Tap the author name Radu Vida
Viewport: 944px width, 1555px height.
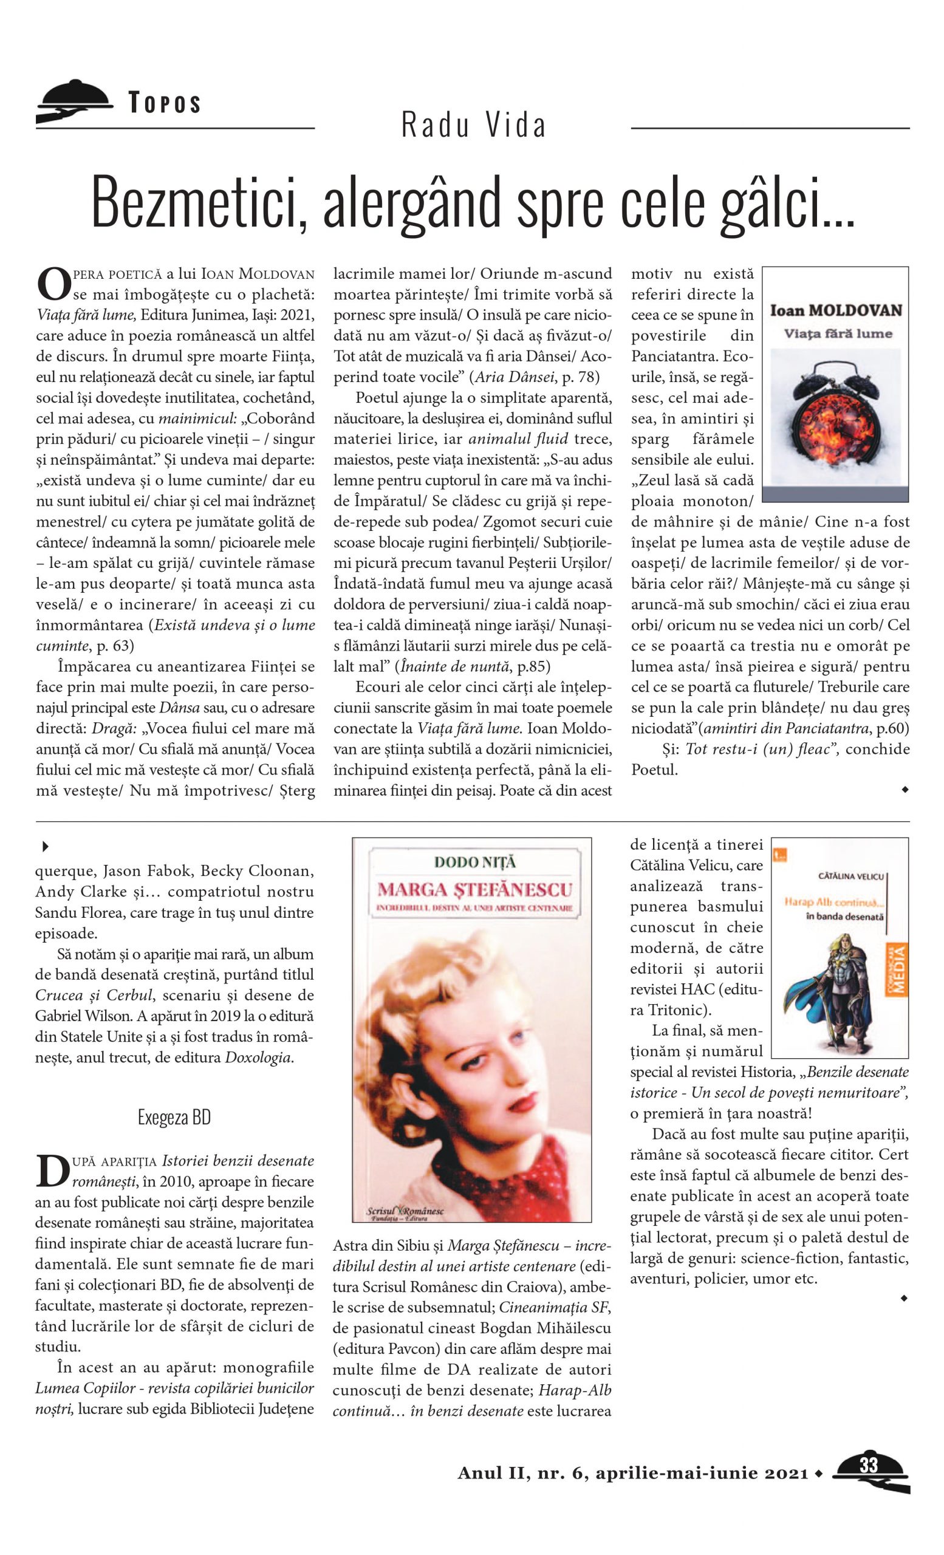(473, 125)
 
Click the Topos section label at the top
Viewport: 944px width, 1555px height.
(165, 103)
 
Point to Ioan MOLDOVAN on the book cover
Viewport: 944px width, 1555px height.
(835, 310)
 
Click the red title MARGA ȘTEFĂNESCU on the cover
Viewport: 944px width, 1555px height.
(474, 889)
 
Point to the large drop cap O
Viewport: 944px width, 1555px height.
(52, 285)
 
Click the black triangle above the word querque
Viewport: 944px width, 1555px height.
(46, 846)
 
